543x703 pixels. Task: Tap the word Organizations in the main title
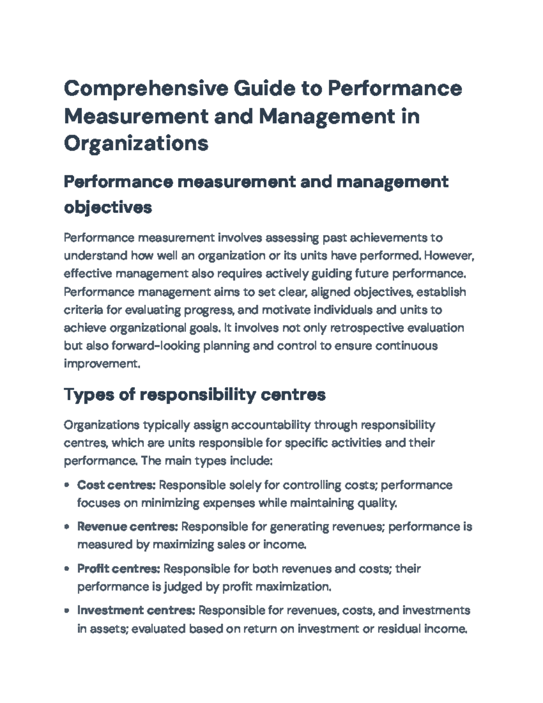click(x=136, y=143)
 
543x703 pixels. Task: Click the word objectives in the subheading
click(x=108, y=208)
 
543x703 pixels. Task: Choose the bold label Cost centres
click(x=116, y=485)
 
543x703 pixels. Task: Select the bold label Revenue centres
click(x=128, y=527)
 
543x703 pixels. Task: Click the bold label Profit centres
click(x=119, y=569)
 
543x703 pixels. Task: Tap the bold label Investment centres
click(x=136, y=611)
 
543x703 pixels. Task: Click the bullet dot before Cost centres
click(x=67, y=485)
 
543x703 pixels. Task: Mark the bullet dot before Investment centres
click(x=67, y=611)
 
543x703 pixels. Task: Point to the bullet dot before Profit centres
click(x=67, y=569)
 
